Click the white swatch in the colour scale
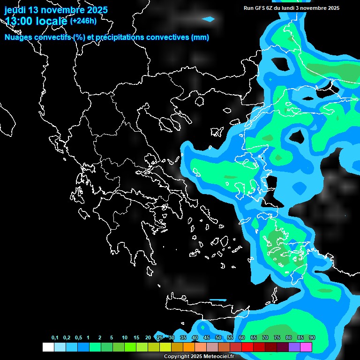48,347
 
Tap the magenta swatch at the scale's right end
306,347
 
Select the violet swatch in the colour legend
294,347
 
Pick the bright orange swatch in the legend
189,347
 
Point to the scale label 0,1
55,338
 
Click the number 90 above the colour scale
312,338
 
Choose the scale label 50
218,338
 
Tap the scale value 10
125,338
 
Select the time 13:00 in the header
20,21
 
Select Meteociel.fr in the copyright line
217,356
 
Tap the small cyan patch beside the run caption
208,19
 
